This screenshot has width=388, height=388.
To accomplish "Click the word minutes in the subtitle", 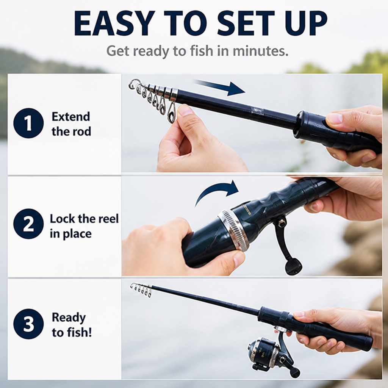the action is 260,51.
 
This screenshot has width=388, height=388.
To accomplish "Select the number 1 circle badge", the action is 28,123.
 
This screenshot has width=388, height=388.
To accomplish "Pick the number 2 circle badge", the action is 28,224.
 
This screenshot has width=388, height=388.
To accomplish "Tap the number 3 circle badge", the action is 28,324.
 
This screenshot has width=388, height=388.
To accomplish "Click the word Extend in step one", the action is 71,117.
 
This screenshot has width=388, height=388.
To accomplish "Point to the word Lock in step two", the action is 63,219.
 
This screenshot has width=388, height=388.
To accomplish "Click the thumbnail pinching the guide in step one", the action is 185,110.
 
